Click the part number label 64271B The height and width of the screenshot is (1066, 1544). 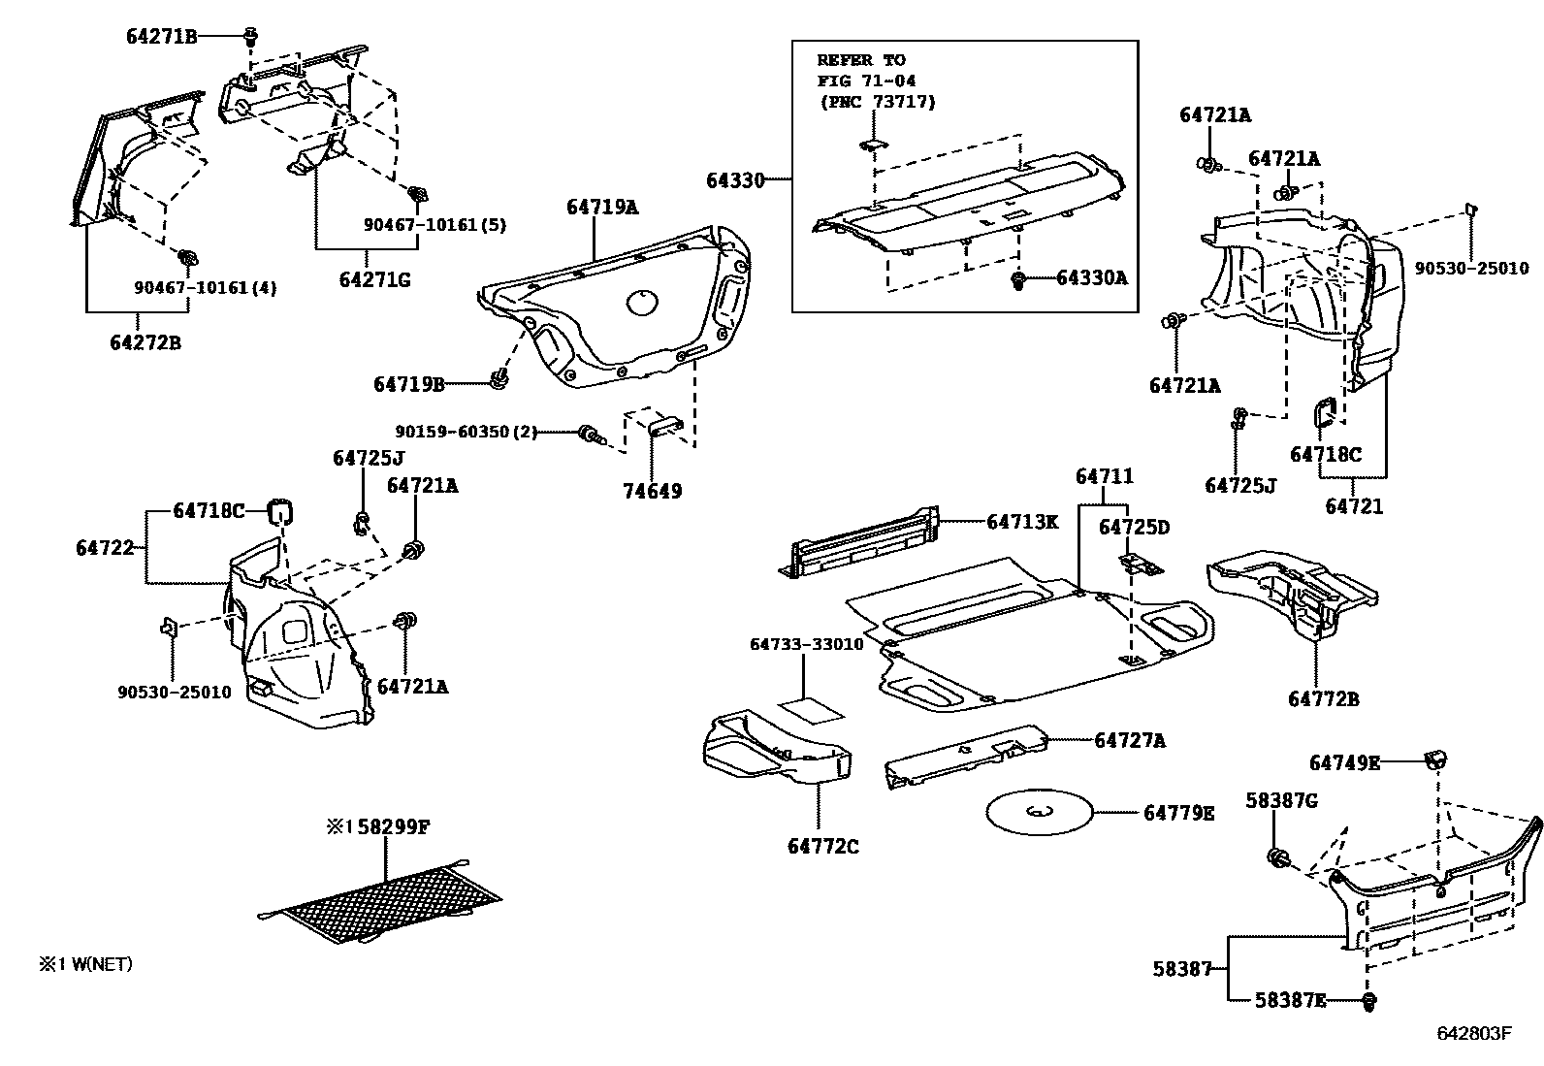pyautogui.click(x=161, y=37)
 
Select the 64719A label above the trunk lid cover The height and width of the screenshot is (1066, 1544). pyautogui.click(x=602, y=207)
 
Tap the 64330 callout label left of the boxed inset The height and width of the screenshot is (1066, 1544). pyautogui.click(x=735, y=180)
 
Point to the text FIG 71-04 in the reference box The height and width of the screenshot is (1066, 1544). pyautogui.click(x=866, y=81)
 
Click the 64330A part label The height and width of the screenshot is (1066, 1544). pyautogui.click(x=1092, y=277)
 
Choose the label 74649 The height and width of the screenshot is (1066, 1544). pyautogui.click(x=652, y=491)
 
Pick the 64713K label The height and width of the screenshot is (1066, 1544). pyautogui.click(x=1022, y=522)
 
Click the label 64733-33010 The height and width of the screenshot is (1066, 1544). pyautogui.click(x=807, y=644)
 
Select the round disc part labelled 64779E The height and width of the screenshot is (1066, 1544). pyautogui.click(x=1040, y=812)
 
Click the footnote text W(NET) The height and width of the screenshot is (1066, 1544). pyautogui.click(x=102, y=964)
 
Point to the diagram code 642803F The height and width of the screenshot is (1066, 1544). pyautogui.click(x=1474, y=1034)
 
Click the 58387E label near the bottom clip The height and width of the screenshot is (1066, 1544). pyautogui.click(x=1290, y=1000)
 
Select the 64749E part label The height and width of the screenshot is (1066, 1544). pyautogui.click(x=1344, y=763)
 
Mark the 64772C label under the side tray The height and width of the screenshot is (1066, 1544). pyautogui.click(x=823, y=846)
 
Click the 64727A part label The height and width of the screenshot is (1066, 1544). pyautogui.click(x=1130, y=740)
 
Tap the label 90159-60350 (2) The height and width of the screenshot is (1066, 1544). pyautogui.click(x=466, y=432)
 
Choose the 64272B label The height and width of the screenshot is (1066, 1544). pyautogui.click(x=145, y=342)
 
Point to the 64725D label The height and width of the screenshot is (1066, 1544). pyautogui.click(x=1134, y=528)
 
